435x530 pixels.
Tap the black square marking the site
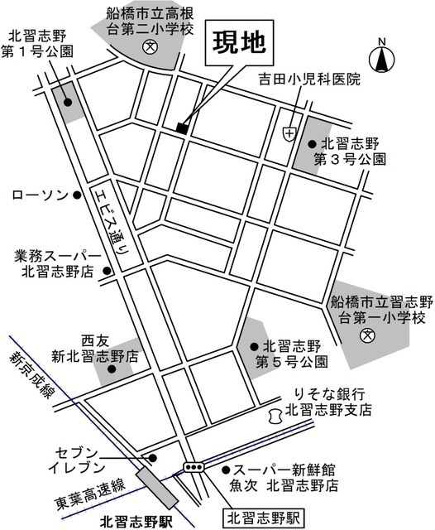(x=181, y=127)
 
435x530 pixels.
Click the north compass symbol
(x=381, y=58)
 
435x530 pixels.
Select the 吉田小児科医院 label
(x=308, y=80)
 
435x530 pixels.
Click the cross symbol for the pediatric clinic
(x=289, y=132)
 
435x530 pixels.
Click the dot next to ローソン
(x=77, y=195)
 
